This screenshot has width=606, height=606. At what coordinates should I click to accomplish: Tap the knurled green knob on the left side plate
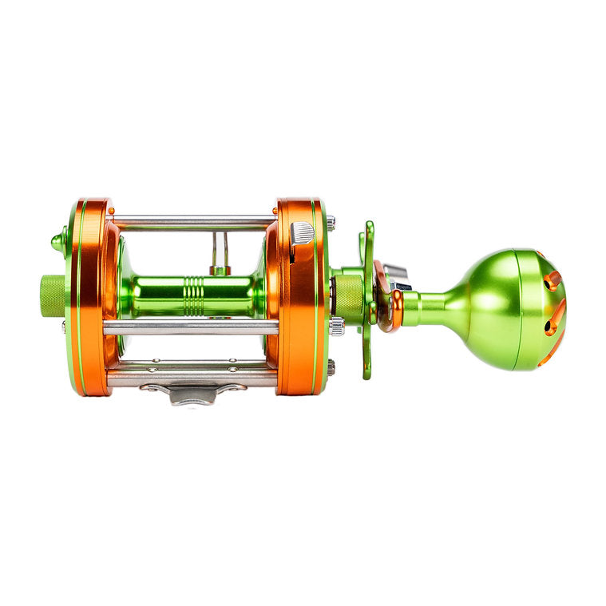[x=53, y=295]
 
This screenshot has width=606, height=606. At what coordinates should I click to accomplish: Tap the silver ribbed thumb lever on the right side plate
[x=303, y=233]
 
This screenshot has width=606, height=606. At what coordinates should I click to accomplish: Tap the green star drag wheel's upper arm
[x=368, y=240]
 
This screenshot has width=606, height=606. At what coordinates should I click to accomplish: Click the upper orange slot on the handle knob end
[x=553, y=279]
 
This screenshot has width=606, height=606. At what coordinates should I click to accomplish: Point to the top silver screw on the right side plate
[x=331, y=223]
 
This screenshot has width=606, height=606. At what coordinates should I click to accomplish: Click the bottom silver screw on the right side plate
[x=331, y=367]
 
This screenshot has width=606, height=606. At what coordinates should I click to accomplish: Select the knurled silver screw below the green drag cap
[x=337, y=325]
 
